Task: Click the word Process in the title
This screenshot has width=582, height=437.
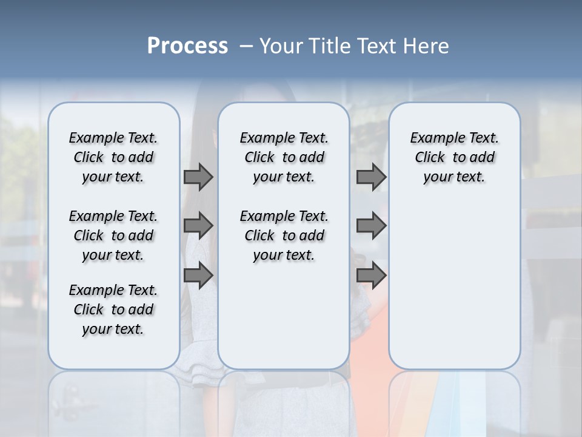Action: coord(187,46)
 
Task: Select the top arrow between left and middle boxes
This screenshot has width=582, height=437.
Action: coord(198,177)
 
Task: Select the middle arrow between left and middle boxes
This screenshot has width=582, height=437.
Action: coord(198,226)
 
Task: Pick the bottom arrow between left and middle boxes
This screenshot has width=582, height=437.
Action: coord(198,276)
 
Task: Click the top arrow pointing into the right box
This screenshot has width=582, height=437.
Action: coord(371,177)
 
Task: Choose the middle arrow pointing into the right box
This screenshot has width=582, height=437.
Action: coord(371,226)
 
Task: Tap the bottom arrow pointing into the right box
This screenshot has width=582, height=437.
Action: coord(371,276)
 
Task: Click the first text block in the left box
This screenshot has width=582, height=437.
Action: coord(113,157)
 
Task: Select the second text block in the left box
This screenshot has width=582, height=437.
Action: coord(113,235)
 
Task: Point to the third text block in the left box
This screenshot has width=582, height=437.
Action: coord(113,310)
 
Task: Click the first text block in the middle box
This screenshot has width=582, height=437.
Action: coord(284,157)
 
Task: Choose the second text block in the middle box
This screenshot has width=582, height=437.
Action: coord(284,235)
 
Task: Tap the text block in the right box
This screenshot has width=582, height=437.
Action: coord(455,157)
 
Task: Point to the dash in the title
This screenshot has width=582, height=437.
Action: coord(246,46)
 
